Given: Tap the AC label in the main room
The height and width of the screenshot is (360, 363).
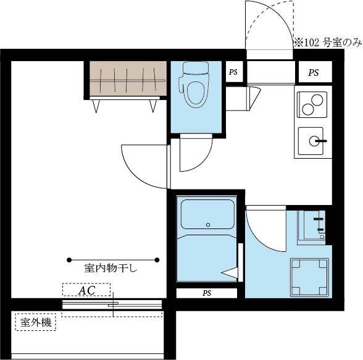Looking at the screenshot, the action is point(86,290).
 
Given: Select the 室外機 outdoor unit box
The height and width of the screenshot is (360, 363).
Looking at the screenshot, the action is point(36,322).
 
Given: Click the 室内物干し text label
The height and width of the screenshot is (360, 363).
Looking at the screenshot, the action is point(111,269).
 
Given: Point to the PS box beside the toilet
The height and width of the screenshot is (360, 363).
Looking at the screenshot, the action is point(233,72).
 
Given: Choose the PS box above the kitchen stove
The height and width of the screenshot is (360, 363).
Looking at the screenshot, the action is point(314,72).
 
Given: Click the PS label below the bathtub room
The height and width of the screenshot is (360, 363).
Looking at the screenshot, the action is point(207,293).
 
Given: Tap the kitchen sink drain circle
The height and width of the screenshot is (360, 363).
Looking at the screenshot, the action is point(314,141).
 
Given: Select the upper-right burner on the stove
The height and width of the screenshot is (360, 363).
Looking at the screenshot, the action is point(317,100).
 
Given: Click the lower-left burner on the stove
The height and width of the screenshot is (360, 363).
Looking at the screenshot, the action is point(308,110).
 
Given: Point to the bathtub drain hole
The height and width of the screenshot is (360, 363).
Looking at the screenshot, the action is point(208,225).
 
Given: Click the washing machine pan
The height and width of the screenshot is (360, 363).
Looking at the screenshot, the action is point(310,277).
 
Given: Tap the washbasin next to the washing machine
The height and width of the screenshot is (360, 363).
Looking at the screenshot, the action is point(311,225).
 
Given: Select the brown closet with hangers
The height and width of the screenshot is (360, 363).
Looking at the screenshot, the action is point(128,78).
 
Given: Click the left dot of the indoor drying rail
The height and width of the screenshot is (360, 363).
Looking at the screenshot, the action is point(69,260).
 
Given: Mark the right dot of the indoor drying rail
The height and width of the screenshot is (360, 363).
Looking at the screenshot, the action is point(157,260).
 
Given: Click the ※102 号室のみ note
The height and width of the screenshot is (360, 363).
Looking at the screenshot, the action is point(328,43).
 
